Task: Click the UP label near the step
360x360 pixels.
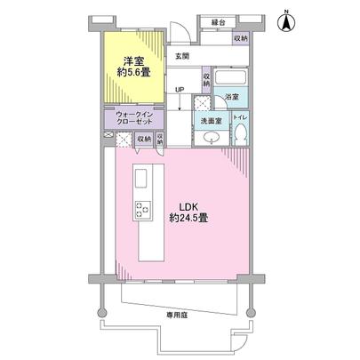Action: click(x=180, y=90)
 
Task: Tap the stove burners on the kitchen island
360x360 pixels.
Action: click(x=142, y=211)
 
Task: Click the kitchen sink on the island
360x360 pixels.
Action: click(x=142, y=180)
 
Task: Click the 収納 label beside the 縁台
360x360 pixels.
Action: click(x=241, y=38)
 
